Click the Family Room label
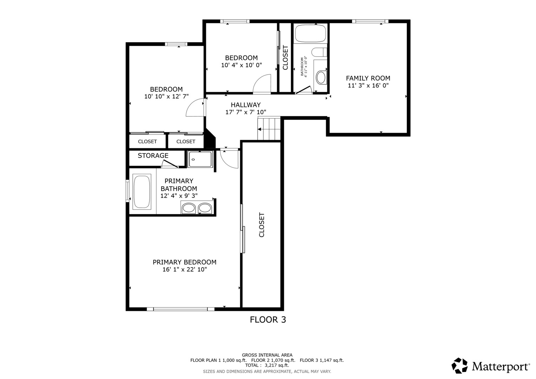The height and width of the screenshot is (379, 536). tap(368, 78)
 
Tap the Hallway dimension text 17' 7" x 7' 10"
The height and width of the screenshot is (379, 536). tap(246, 112)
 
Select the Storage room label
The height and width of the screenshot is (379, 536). tap(153, 155)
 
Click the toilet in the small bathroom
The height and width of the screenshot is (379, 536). tap(319, 52)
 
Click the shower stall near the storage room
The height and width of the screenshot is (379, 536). tap(200, 159)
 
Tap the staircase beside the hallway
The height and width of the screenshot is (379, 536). tap(269, 128)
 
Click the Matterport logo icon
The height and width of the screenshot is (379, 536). tap(459, 366)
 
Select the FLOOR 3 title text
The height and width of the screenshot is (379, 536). tap(268, 320)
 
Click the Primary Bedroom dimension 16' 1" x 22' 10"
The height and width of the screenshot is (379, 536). tap(185, 270)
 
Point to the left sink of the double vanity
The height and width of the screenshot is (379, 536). tap(188, 208)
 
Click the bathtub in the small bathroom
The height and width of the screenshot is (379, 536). tap(310, 33)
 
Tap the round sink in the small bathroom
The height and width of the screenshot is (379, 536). tap(321, 77)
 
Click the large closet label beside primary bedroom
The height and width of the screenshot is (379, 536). tap(262, 225)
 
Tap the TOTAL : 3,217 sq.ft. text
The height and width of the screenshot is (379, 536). tap(267, 365)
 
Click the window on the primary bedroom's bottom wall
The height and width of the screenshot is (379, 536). tap(180, 309)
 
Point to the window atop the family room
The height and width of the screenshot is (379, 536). tap(370, 21)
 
